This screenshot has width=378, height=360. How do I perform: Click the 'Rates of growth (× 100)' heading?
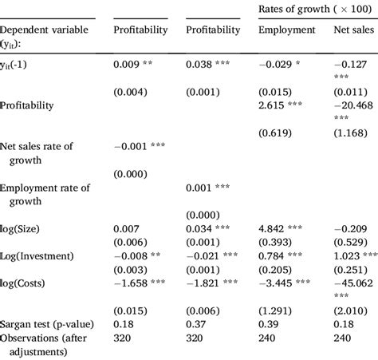tap(317, 8)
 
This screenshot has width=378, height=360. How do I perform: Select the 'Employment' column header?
tap(286, 30)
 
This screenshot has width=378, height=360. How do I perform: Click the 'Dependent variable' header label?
tap(47, 30)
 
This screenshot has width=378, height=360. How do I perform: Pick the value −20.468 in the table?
tap(353, 104)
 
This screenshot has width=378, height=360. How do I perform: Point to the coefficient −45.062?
tap(353, 283)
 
